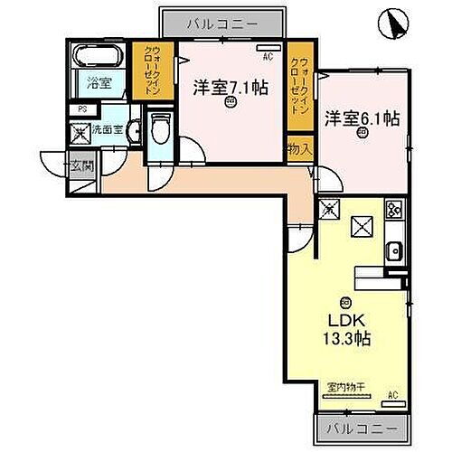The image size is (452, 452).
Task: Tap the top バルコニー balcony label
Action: pos(222,22)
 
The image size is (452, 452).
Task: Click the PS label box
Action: pos(82,108)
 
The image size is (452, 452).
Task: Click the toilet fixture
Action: pos(160,131)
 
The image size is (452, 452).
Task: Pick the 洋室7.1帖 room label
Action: pos(231,87)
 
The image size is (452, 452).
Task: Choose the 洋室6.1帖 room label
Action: pos(362,118)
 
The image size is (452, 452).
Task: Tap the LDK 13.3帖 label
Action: pos(344,329)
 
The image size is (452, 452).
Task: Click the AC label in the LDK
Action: pos(392,395)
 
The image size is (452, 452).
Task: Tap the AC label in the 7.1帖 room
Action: pos(267,57)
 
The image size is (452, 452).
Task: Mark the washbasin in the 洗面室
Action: pos(133,130)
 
